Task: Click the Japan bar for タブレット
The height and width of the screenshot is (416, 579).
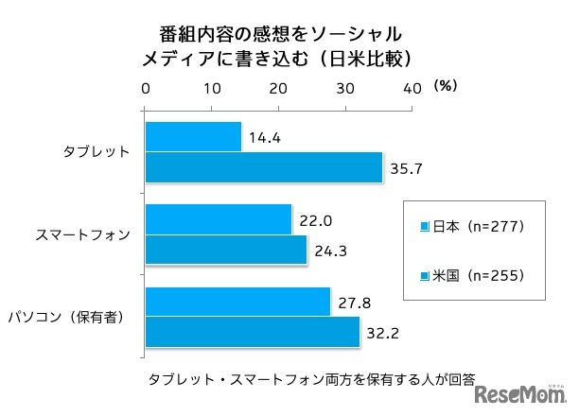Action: pyautogui.click(x=193, y=137)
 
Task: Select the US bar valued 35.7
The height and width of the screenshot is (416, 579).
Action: pyautogui.click(x=263, y=166)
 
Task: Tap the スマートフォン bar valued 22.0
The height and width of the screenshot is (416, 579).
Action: pyautogui.click(x=219, y=219)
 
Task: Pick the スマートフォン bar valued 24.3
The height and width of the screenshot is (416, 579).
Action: pyautogui.click(x=226, y=249)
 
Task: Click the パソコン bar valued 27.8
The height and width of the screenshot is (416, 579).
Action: pyautogui.click(x=237, y=302)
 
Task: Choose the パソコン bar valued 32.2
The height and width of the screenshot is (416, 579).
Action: pyautogui.click(x=253, y=331)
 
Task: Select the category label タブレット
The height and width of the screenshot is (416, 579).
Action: pyautogui.click(x=96, y=152)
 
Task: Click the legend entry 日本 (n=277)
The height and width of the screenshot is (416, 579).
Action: pyautogui.click(x=472, y=227)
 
